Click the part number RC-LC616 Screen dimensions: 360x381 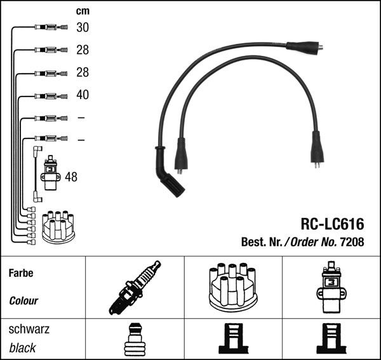pyautogui.click(x=332, y=223)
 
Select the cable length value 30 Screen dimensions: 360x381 pyautogui.click(x=83, y=27)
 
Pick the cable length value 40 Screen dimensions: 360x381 pyautogui.click(x=83, y=95)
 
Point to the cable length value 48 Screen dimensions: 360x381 pyautogui.click(x=70, y=177)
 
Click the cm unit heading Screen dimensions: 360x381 pyautogui.click(x=83, y=11)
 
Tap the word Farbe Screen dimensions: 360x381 pyautogui.click(x=20, y=274)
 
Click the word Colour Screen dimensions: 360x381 pyautogui.click(x=23, y=301)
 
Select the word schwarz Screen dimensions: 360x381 pyautogui.click(x=29, y=330)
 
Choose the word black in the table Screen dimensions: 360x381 pyautogui.click(x=22, y=348)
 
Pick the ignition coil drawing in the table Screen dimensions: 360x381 pyautogui.click(x=331, y=287)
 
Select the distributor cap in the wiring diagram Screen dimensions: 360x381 pyautogui.click(x=58, y=227)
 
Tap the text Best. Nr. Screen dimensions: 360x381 pyautogui.click(x=262, y=241)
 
